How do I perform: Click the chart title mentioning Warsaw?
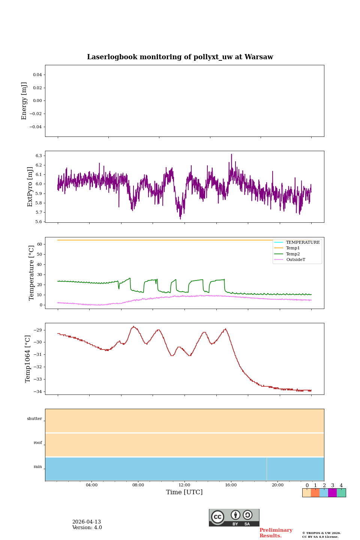(180, 57)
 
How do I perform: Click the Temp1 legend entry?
(292, 248)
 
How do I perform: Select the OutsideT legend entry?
(295, 260)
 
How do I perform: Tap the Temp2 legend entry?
(292, 254)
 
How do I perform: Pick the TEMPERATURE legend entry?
(303, 243)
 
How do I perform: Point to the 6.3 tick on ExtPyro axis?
(38, 156)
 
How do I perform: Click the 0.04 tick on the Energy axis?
(37, 75)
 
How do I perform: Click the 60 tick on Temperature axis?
(39, 244)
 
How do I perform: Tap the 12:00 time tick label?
(184, 485)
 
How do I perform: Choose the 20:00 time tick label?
(277, 485)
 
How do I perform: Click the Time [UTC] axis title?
(184, 492)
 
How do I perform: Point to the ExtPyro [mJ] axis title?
(30, 187)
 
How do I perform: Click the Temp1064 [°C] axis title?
(28, 359)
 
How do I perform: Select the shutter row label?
(34, 419)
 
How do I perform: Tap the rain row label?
(38, 467)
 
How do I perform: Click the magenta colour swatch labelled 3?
(332, 493)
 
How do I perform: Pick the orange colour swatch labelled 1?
(315, 493)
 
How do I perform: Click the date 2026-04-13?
(87, 522)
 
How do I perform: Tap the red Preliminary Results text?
(276, 533)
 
